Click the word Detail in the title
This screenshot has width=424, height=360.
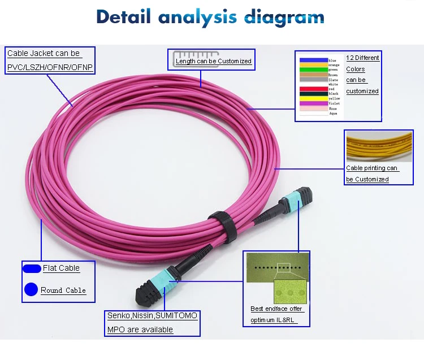coord(123,17)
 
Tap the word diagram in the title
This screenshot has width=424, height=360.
coord(284,17)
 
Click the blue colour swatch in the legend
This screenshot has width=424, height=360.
coord(313,59)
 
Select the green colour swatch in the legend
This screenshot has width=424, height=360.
coord(313,70)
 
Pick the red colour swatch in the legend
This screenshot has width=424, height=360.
coord(313,89)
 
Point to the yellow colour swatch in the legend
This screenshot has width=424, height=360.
coord(313,99)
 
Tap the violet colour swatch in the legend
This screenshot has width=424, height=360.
coord(313,103)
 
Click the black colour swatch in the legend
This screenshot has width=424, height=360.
coord(313,94)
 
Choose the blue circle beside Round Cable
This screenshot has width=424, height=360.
coord(31,290)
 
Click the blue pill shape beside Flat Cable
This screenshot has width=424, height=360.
coord(32,268)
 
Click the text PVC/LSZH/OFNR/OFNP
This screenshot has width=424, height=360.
coord(50,68)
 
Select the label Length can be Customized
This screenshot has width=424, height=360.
coord(213,61)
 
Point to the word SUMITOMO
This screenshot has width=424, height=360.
coord(176,315)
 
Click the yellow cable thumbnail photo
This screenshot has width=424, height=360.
coord(379,146)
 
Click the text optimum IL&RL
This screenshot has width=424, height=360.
coord(273,320)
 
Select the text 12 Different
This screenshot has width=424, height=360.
coord(362,58)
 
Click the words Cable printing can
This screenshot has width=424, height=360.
coord(372,168)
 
